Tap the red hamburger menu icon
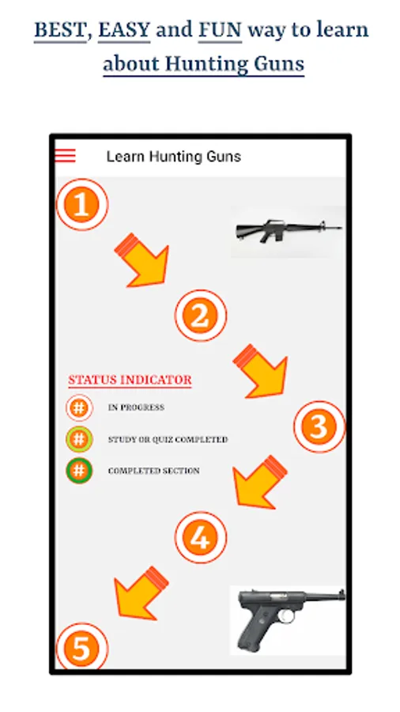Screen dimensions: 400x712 [66, 156]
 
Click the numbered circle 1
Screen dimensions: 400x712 [82, 205]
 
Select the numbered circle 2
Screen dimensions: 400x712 [201, 316]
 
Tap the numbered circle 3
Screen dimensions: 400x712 [319, 427]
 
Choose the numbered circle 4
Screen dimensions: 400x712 [201, 538]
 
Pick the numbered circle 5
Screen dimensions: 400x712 [82, 646]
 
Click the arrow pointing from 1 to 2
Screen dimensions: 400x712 [143, 262]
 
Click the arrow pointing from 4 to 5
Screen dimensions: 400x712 [140, 594]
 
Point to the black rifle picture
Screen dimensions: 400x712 [289, 232]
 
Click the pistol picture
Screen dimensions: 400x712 [289, 620]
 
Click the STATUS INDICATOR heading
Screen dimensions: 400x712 [130, 381]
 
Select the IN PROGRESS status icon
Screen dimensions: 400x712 [79, 407]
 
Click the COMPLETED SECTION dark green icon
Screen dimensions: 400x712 [79, 471]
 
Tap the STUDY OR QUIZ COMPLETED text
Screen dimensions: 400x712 [168, 440]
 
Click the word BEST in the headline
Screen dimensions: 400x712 [60, 30]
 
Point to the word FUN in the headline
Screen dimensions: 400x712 [220, 30]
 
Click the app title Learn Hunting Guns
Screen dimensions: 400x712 [174, 157]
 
